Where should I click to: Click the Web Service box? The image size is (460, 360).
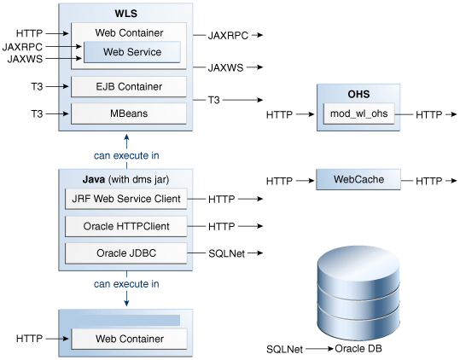132,52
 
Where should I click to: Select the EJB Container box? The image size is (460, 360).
129,86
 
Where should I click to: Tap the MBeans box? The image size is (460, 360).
129,113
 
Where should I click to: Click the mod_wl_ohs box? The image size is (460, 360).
358,113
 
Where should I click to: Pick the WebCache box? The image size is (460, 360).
358,179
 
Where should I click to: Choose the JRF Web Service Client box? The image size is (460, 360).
125,199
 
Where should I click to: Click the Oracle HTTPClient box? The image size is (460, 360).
125,226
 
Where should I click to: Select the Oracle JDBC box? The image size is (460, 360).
125,253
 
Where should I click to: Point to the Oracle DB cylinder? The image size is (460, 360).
358,293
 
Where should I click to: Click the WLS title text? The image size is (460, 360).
125,14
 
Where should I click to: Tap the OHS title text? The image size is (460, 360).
358,94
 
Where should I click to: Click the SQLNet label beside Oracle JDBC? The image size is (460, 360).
226,253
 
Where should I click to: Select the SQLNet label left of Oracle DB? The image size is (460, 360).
284,349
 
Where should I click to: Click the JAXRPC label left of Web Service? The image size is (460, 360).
22,47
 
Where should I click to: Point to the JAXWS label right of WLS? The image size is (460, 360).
225,67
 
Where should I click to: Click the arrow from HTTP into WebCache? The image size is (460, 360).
306,181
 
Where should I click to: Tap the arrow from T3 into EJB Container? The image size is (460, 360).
57,86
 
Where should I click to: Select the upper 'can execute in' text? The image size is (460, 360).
126,155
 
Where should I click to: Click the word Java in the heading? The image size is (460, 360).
94,179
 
